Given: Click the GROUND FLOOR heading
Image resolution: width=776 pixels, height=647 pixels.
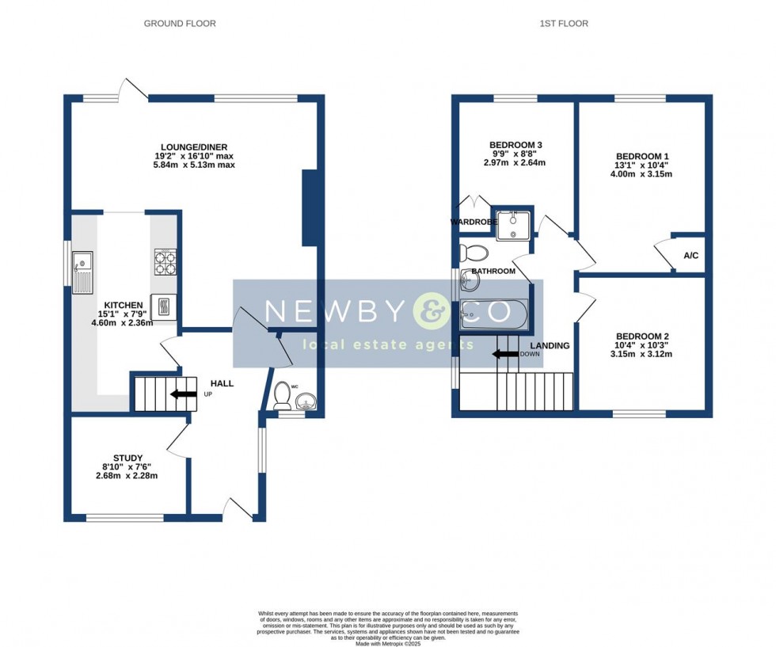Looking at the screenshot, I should [x=180, y=24].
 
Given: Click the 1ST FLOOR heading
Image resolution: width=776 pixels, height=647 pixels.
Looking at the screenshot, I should [x=564, y=24].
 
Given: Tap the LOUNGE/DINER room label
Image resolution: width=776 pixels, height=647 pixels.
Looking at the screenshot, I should [x=194, y=147].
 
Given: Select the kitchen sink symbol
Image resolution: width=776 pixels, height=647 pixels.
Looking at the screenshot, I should [x=82, y=269].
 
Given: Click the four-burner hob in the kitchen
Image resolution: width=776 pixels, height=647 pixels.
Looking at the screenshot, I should [x=165, y=262].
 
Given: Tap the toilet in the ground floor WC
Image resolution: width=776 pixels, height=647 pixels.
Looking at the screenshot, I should [x=282, y=396].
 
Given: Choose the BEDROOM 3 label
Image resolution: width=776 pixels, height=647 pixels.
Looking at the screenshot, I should [x=515, y=144].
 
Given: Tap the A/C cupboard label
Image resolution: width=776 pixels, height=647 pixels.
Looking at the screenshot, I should [x=690, y=256].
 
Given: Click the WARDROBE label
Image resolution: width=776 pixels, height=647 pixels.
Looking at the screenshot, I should [x=473, y=223].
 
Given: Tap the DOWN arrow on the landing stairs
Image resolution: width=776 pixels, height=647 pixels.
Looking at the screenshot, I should [x=504, y=354].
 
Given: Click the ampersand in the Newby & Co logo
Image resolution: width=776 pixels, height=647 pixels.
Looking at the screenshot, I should [x=431, y=311].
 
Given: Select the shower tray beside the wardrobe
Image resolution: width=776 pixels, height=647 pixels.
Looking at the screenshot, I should [x=514, y=223].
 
